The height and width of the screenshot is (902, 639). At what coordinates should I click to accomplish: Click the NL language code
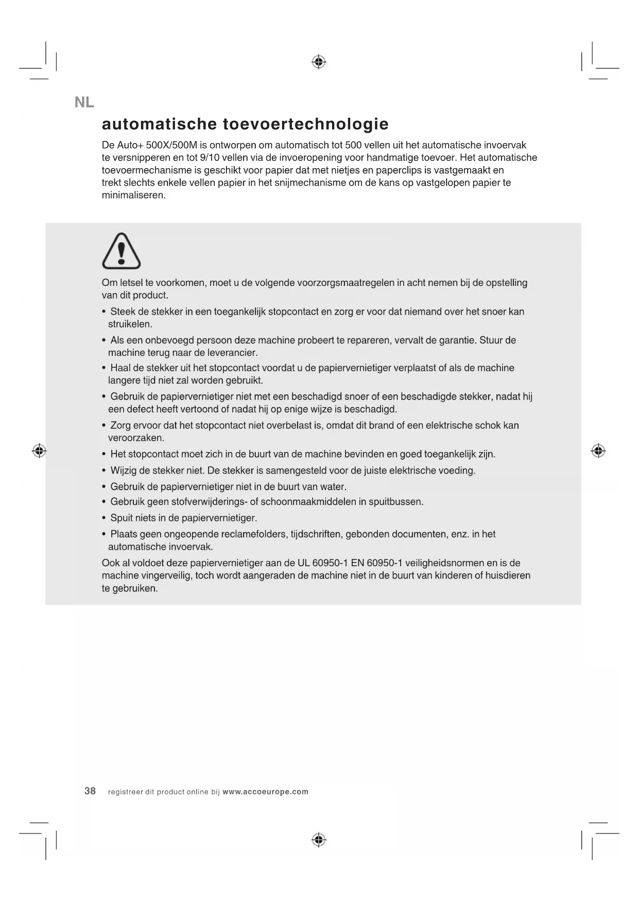point(84,102)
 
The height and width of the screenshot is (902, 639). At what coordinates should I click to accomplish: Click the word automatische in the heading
point(159,124)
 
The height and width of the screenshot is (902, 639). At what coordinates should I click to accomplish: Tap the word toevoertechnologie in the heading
point(306,124)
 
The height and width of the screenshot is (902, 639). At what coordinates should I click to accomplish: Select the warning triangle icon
point(122,251)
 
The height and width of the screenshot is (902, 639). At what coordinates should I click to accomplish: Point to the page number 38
point(90,791)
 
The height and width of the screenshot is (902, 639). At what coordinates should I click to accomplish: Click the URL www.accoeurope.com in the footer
point(265,792)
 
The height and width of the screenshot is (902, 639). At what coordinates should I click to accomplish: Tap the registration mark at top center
point(319,62)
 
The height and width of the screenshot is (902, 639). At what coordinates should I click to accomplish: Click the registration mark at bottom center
point(319,840)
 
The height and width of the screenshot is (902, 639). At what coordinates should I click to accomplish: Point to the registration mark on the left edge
point(39,451)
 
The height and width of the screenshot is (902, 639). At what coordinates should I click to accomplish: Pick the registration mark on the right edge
point(598,451)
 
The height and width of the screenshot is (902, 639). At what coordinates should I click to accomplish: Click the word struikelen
point(130,324)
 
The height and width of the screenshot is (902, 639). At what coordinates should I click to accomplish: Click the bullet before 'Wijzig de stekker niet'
point(104,471)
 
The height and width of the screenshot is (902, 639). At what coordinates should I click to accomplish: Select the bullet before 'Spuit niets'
point(104,518)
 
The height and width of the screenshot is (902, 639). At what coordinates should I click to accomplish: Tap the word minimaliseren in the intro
point(133,195)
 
